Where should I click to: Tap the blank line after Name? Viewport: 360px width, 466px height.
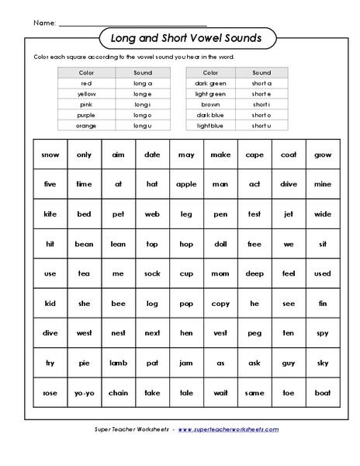point(132,23)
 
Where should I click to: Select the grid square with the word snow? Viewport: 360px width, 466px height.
point(50,155)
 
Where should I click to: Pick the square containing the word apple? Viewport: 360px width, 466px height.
point(186,184)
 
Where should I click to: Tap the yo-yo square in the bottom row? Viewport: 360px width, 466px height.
point(84,392)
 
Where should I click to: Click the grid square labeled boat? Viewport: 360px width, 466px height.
point(323,392)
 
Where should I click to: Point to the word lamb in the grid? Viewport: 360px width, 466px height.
point(118,363)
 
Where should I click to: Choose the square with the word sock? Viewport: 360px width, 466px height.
point(152,273)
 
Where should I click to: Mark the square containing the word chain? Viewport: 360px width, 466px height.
point(118,392)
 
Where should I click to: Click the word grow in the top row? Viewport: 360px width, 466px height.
point(323,155)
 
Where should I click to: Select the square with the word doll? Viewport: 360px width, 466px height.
point(220,244)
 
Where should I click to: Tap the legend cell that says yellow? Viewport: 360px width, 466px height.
point(86,93)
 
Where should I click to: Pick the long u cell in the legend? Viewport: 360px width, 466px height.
point(144,125)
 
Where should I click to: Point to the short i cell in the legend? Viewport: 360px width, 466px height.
point(261,104)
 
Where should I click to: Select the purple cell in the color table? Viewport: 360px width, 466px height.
point(86,115)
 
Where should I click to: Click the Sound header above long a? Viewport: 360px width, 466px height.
point(144,72)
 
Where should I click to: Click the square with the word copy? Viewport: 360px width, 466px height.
point(220,303)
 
